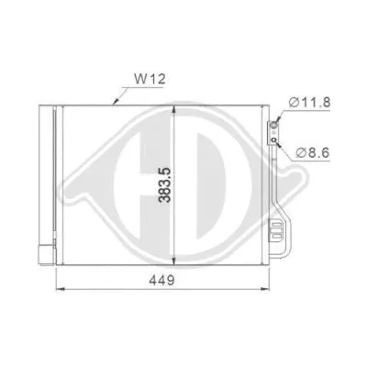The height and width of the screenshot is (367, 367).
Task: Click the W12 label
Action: pos(146,81)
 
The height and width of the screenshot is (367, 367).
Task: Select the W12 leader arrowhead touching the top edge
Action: pos(114,103)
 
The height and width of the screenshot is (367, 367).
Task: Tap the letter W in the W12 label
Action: pos(138,81)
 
